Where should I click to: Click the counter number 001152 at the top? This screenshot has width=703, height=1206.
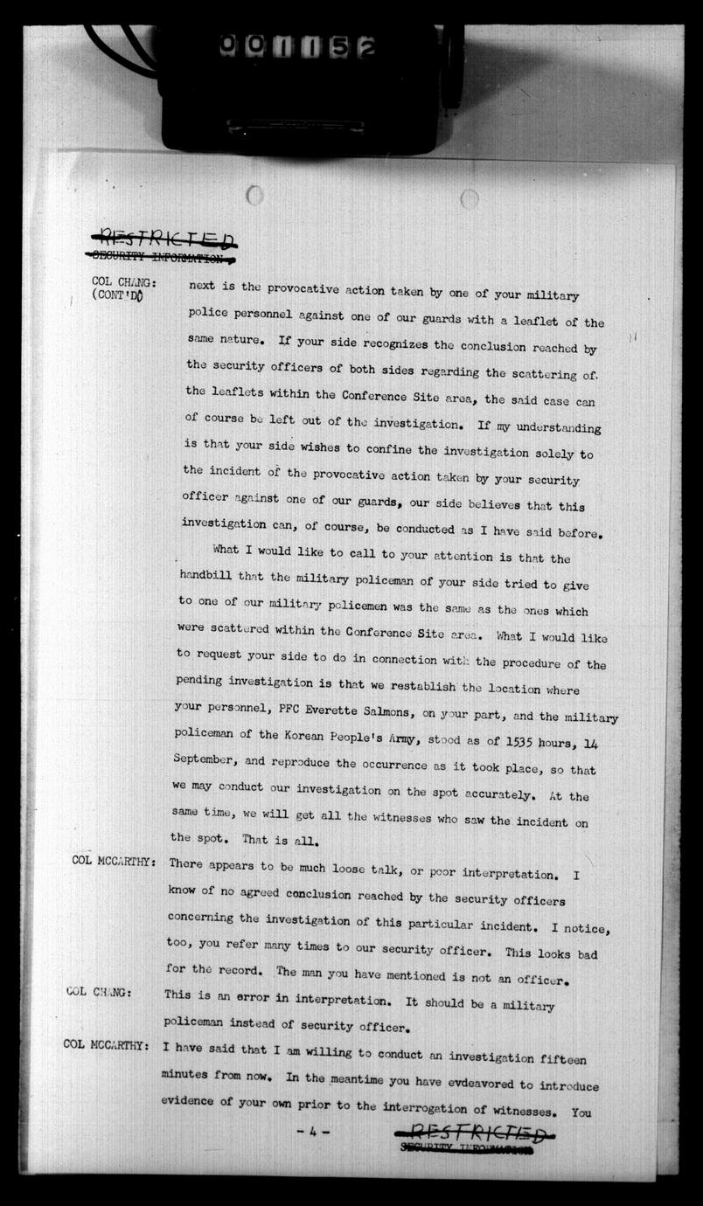296,45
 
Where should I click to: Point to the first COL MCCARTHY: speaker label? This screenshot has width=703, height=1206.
114,862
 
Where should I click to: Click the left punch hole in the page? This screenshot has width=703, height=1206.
254,195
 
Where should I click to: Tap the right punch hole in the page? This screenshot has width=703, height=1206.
470,199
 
